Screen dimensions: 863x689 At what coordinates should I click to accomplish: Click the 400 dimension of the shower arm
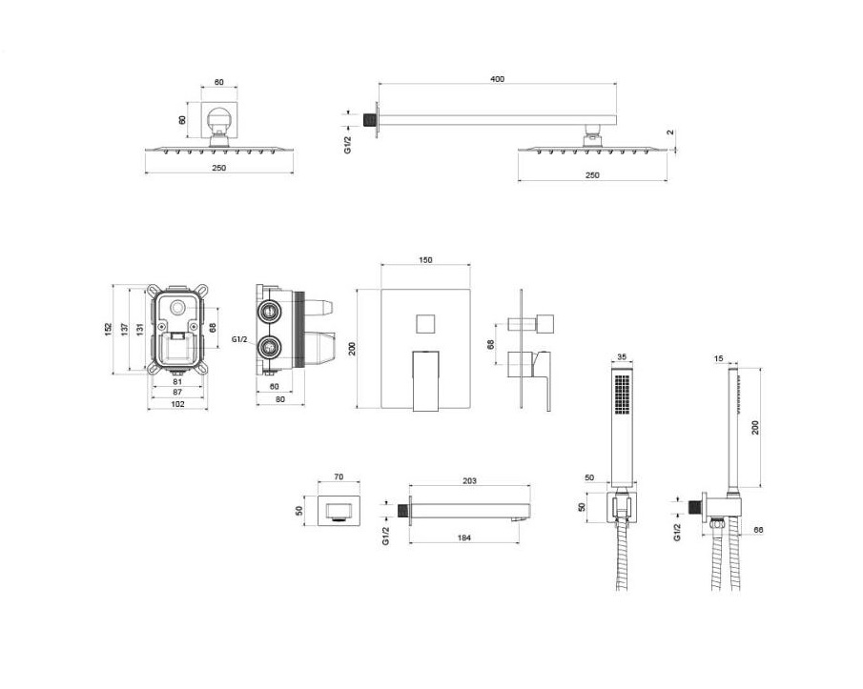coord(497,79)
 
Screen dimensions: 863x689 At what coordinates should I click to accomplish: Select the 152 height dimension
coord(109,329)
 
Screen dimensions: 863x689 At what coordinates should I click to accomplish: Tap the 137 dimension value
coord(124,329)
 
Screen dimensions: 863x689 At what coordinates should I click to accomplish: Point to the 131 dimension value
coord(140,329)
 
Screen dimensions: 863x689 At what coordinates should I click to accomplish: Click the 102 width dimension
coord(177,404)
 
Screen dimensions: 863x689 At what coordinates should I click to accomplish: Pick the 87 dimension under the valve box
coord(177,392)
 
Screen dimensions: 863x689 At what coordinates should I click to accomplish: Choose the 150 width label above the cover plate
coord(425,259)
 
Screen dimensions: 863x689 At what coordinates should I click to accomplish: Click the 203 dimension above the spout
coord(469,480)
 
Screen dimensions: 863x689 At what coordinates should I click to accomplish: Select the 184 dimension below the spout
coord(464,537)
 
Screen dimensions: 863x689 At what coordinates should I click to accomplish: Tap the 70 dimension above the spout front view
coord(339,476)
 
